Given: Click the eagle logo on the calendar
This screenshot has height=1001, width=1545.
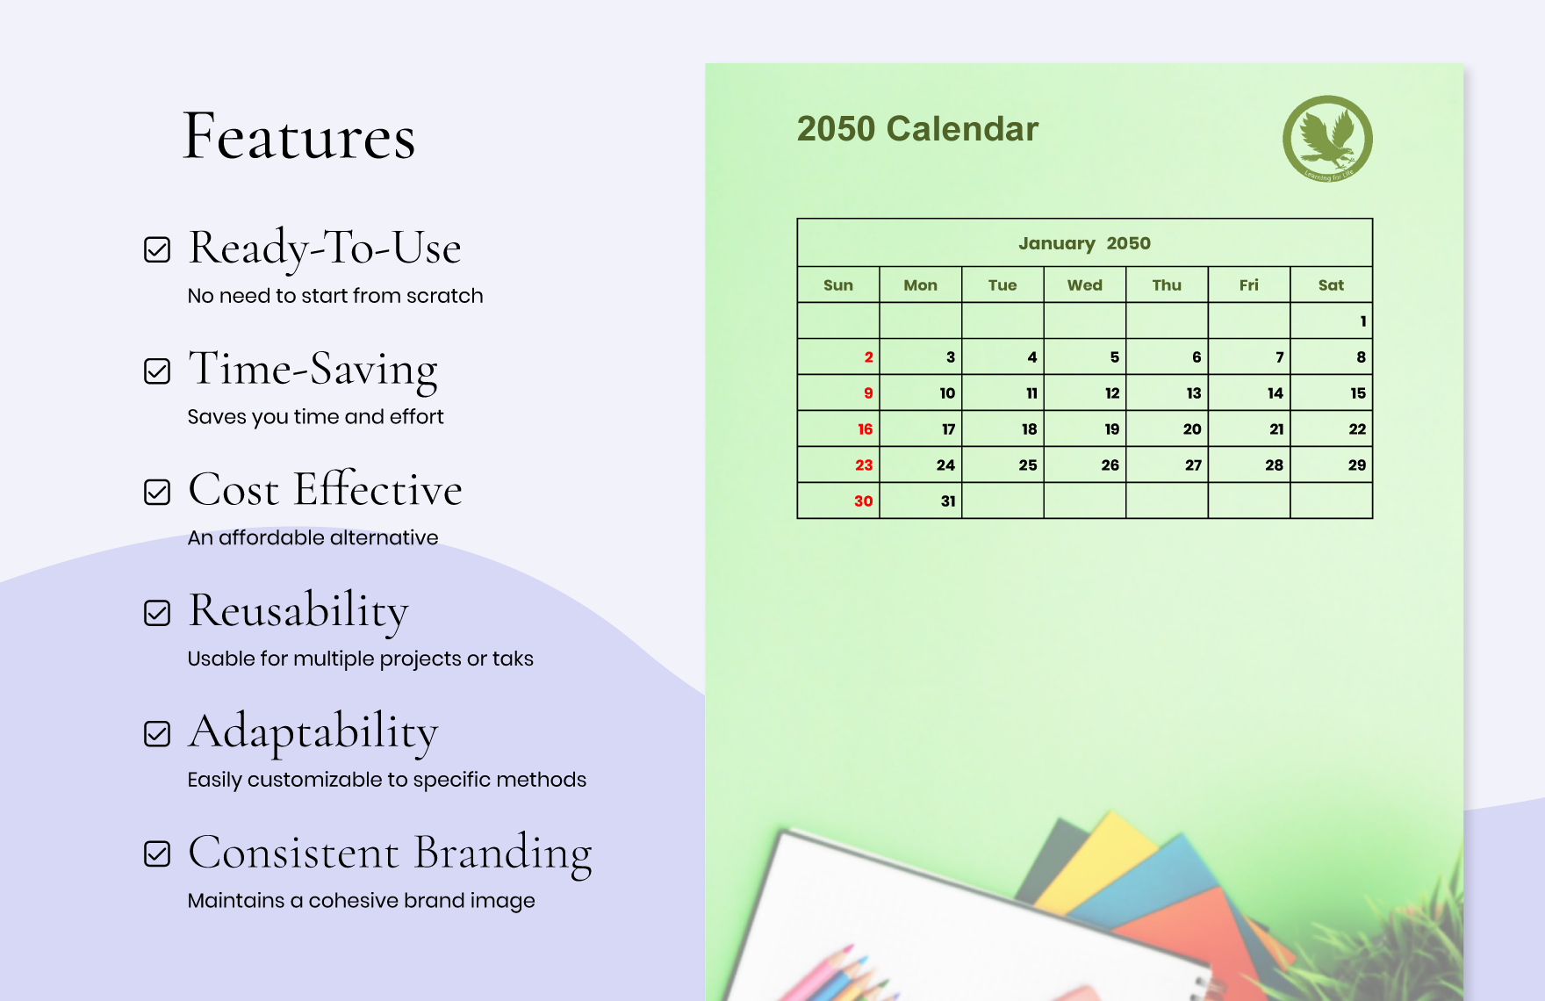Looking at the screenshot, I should click(1327, 139).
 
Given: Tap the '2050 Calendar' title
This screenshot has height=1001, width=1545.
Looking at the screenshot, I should click(917, 129).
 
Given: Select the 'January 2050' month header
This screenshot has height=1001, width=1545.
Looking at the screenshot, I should click(1084, 243).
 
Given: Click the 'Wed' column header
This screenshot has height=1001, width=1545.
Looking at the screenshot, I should click(1084, 285).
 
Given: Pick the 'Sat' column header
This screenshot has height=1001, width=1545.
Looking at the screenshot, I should click(1331, 285).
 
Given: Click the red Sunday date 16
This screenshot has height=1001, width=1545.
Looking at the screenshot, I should click(865, 429).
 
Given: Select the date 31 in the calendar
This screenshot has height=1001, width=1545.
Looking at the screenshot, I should click(947, 501).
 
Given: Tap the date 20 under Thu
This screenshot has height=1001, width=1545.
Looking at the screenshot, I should click(1191, 429).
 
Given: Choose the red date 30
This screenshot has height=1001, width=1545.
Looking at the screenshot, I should click(863, 501).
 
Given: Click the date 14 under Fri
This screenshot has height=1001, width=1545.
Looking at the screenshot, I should click(1275, 393).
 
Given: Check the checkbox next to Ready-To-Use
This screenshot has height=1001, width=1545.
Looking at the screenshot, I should click(157, 250).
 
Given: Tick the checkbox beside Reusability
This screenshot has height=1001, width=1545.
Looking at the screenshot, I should click(157, 613).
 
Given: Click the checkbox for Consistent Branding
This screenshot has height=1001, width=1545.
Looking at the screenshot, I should click(157, 853).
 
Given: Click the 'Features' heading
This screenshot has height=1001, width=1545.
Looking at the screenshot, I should click(298, 137).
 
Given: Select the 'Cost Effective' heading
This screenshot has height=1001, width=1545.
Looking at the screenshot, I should click(325, 490).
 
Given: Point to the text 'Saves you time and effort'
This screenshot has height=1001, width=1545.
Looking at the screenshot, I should click(315, 416).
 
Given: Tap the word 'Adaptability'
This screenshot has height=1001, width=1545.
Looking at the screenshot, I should click(313, 731).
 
